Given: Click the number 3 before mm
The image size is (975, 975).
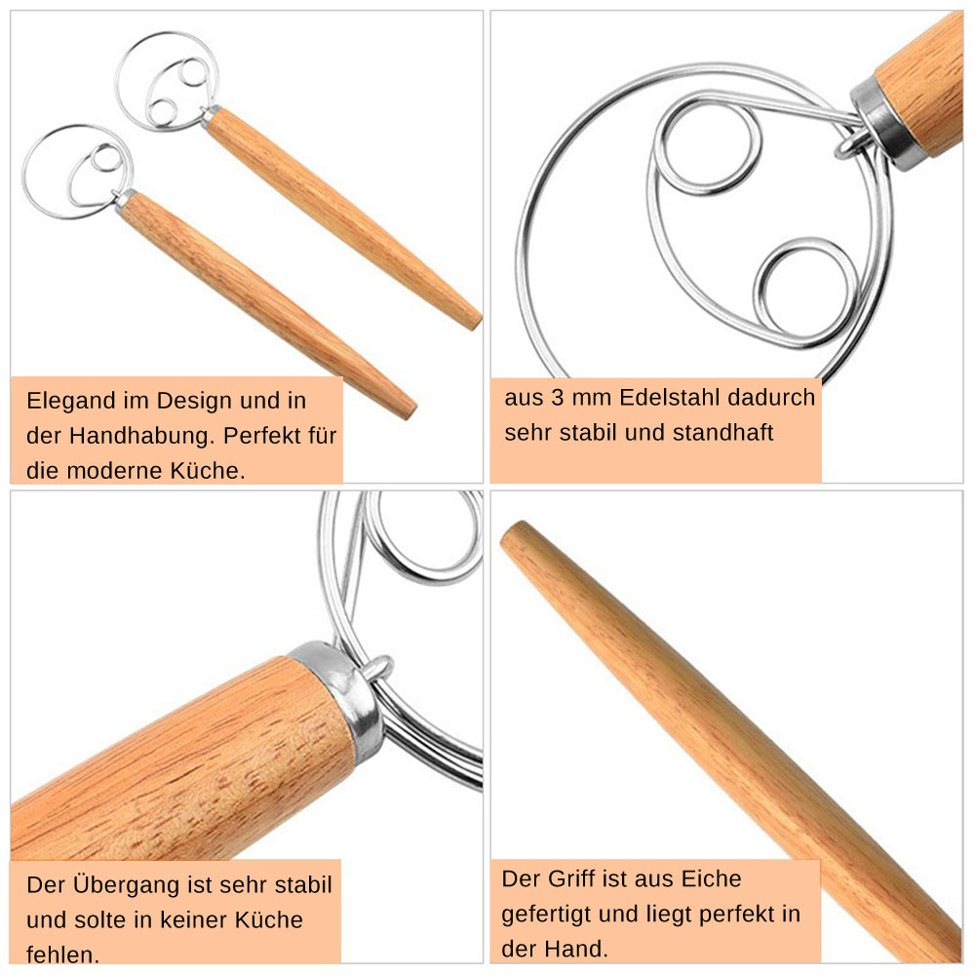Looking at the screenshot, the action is pyautogui.click(x=557, y=398).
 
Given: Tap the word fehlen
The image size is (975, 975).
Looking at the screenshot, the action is pyautogui.click(x=62, y=955).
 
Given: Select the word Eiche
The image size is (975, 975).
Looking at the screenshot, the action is pyautogui.click(x=712, y=878).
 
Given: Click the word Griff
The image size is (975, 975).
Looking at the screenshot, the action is pyautogui.click(x=568, y=878).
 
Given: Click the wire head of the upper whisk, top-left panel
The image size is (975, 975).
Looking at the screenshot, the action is pyautogui.click(x=166, y=81).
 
